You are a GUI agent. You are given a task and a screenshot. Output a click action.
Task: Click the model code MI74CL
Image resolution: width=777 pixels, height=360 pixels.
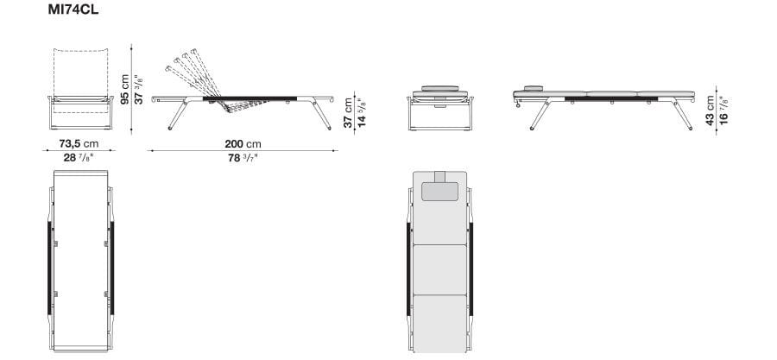click(73, 9)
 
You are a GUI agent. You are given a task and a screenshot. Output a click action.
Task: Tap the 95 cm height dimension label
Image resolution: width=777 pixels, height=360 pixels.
click(125, 89)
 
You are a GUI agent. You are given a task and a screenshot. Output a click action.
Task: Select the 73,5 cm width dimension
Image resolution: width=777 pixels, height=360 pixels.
click(79, 143)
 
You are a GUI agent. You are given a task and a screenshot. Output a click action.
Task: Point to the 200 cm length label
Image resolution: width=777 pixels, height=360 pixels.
click(243, 144)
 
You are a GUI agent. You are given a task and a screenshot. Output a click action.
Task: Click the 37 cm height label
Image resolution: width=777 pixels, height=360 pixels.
click(349, 112)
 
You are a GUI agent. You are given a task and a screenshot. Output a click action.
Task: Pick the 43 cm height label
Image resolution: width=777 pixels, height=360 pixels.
click(711, 111)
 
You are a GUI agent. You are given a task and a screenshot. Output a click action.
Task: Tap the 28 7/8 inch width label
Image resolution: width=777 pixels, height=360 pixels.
click(79, 158)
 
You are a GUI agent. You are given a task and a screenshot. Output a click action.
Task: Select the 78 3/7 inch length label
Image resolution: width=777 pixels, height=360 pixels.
click(242, 158)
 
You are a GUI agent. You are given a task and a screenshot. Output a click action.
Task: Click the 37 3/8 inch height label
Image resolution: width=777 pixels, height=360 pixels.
click(140, 89)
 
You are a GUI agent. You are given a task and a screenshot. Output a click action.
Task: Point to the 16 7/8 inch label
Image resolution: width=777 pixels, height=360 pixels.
click(724, 111)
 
